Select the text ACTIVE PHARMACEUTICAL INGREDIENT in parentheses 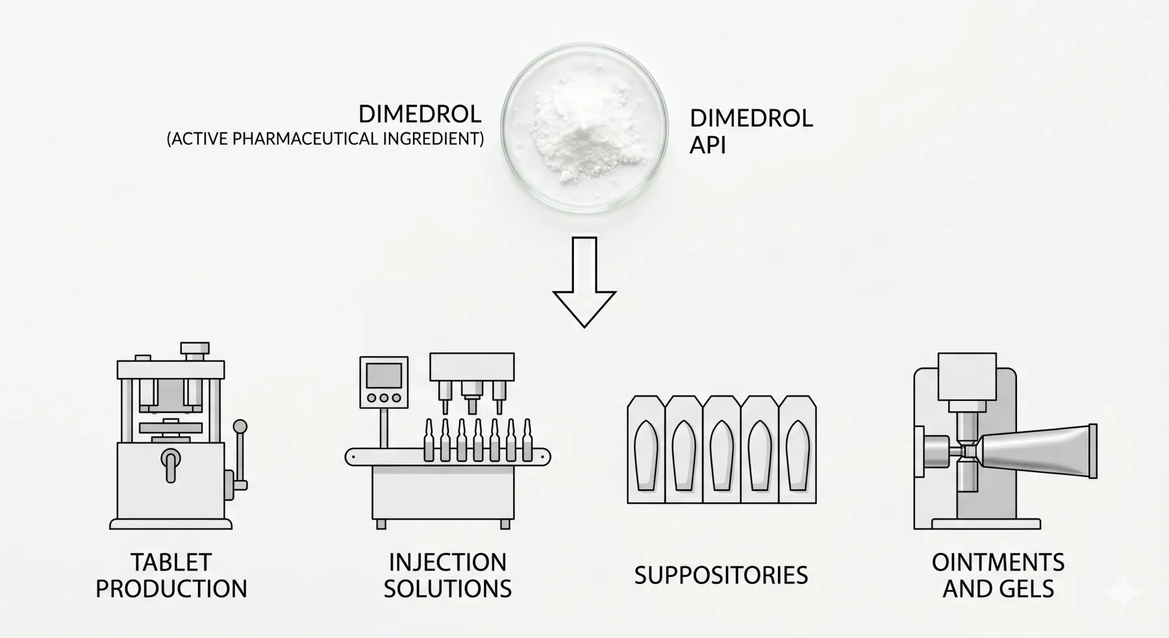tap(325, 139)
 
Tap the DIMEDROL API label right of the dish tap(751, 131)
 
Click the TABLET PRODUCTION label tap(171, 576)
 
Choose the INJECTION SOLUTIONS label tap(447, 576)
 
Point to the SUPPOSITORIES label tap(721, 576)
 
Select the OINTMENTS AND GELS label tap(998, 576)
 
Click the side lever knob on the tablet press tap(240, 427)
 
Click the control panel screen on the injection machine tap(384, 376)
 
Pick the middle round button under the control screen tap(384, 398)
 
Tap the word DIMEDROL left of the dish tap(420, 114)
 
